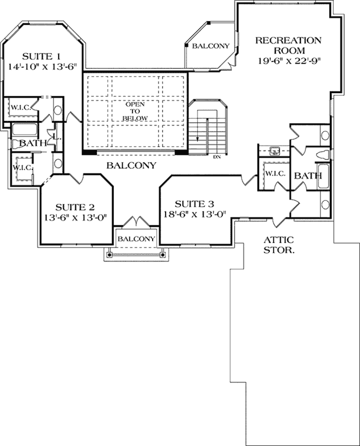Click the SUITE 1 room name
(x=41, y=56)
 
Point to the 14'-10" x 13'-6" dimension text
(x=42, y=66)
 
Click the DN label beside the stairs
(x=217, y=157)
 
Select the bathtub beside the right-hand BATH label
(x=323, y=176)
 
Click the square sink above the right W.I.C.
(x=274, y=151)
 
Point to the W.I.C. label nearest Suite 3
(x=274, y=174)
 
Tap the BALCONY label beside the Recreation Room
(x=211, y=46)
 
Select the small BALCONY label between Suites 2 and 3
(x=136, y=239)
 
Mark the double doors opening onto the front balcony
(x=136, y=222)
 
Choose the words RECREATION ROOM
(x=288, y=45)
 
